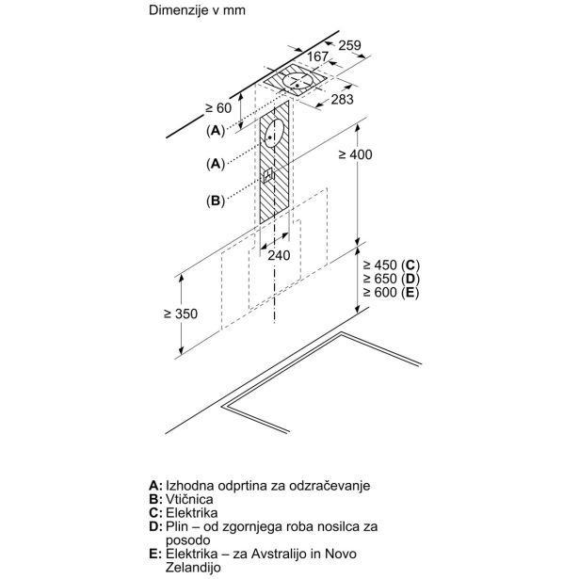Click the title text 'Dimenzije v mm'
pyautogui.click(x=197, y=10)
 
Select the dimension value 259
pyautogui.click(x=349, y=45)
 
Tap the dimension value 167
pyautogui.click(x=317, y=56)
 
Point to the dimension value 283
pyautogui.click(x=342, y=99)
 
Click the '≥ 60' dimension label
pyautogui.click(x=218, y=108)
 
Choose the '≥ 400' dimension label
pyautogui.click(x=355, y=154)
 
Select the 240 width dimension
pyautogui.click(x=279, y=255)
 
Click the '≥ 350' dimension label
pyautogui.click(x=181, y=314)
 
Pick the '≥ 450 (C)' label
pyautogui.click(x=392, y=265)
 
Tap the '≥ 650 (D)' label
pyautogui.click(x=392, y=279)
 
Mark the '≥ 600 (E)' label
pyautogui.click(x=391, y=292)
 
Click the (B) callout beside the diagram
pyautogui.click(x=216, y=201)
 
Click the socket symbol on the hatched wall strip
pyautogui.click(x=267, y=175)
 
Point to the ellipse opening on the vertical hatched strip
pyautogui.click(x=275, y=134)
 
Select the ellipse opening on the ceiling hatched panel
pyautogui.click(x=298, y=82)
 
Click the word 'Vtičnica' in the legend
pyautogui.click(x=189, y=499)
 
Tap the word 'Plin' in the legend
pyautogui.click(x=176, y=526)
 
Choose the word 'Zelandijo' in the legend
pyautogui.click(x=193, y=567)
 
